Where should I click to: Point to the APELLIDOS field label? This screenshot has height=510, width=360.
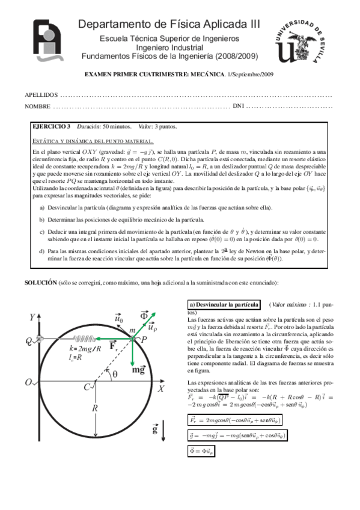pyautogui.click(x=41, y=95)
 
